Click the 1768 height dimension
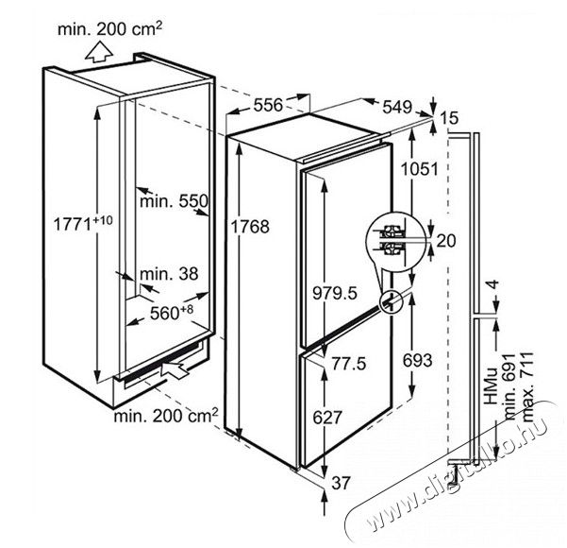[250, 227]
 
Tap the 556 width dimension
[268, 105]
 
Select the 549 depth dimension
[397, 107]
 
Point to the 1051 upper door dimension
[420, 169]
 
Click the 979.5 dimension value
[335, 293]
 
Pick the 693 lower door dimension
[418, 360]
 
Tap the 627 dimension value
[327, 418]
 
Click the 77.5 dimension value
[349, 363]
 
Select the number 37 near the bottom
[341, 483]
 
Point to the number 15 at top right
[449, 118]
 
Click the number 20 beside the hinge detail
[446, 241]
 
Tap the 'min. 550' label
[174, 201]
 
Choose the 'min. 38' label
[169, 274]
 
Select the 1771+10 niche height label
[83, 223]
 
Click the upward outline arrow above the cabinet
[99, 51]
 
